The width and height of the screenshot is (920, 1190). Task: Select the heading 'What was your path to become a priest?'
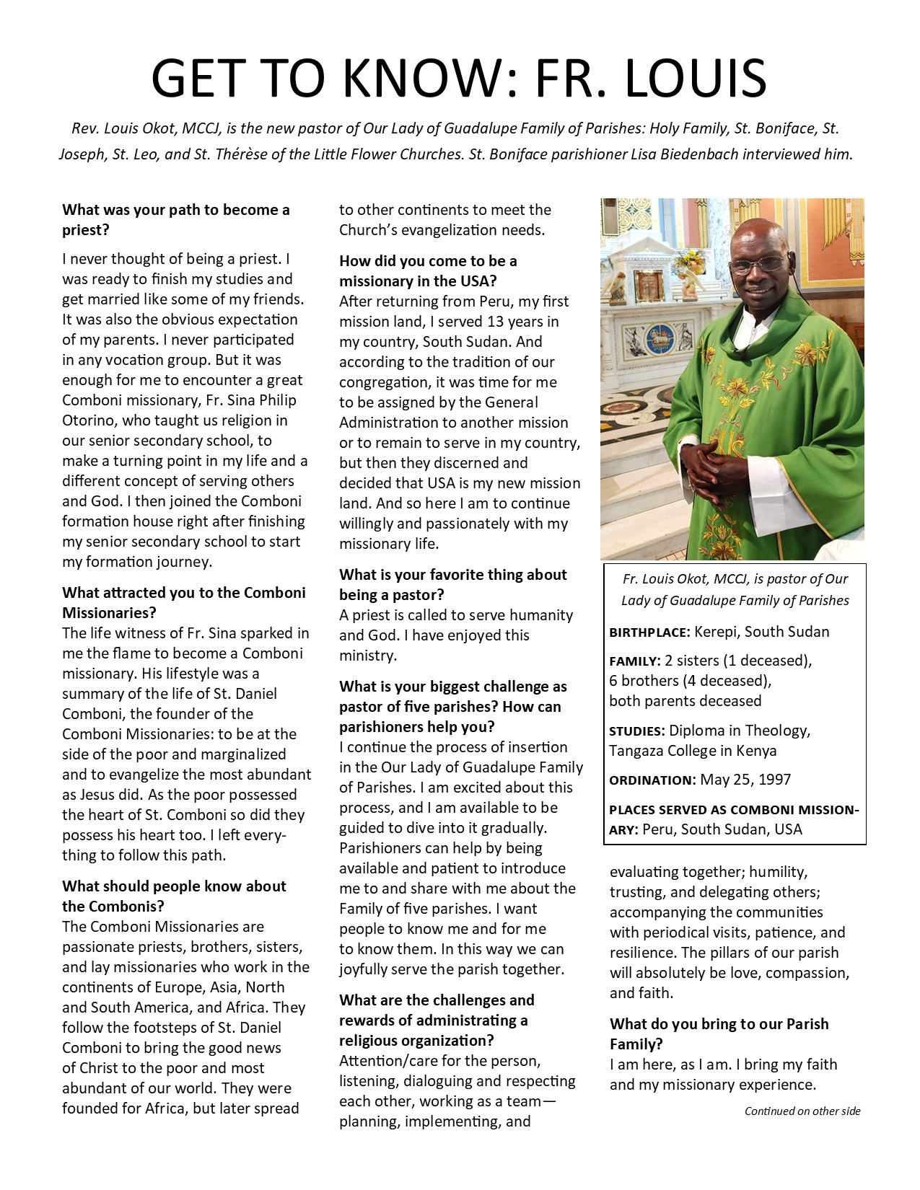pyautogui.click(x=175, y=219)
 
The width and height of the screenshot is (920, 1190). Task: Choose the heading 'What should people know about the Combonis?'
pyautogui.click(x=174, y=896)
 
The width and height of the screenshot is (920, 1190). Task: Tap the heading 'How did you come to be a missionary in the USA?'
pyautogui.click(x=428, y=270)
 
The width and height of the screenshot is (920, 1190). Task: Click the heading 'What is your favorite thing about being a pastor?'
pyautogui.click(x=453, y=584)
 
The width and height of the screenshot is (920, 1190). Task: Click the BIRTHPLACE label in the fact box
pyautogui.click(x=649, y=633)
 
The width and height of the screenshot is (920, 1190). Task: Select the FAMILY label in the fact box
pyautogui.click(x=634, y=661)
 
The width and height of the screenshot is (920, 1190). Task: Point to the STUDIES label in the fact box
pyautogui.click(x=636, y=731)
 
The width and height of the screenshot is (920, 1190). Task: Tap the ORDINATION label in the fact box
pyautogui.click(x=652, y=780)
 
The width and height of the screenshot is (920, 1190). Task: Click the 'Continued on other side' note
pyautogui.click(x=802, y=1111)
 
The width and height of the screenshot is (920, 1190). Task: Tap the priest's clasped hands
pyautogui.click(x=710, y=475)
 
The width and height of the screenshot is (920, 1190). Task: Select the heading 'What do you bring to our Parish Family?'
pyautogui.click(x=719, y=1033)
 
